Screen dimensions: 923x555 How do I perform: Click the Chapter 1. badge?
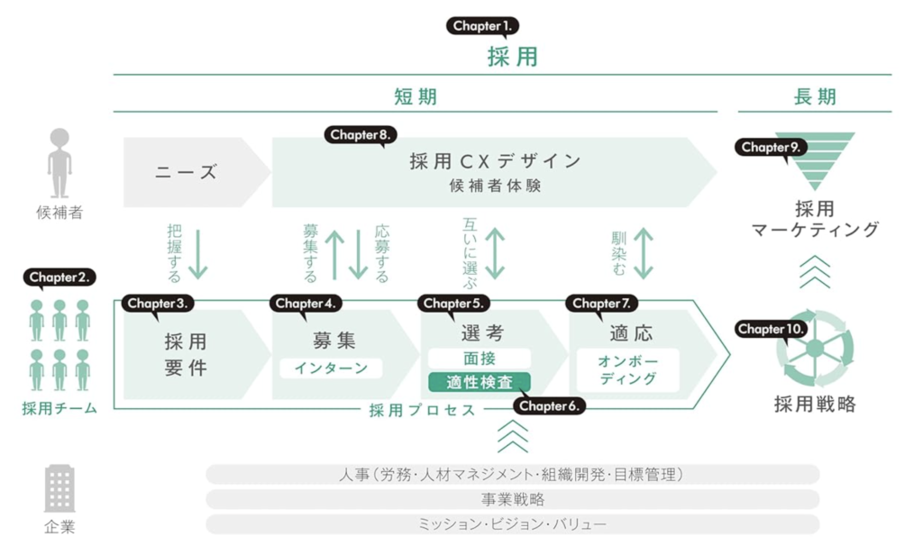(482, 26)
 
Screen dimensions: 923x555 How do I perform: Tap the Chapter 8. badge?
(361, 135)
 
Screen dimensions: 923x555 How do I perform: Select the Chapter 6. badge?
(549, 405)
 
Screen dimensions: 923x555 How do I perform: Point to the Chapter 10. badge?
(771, 329)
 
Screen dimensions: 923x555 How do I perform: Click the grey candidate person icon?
(59, 163)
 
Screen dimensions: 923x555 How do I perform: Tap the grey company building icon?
(59, 488)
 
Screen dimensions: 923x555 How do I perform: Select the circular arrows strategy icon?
(815, 349)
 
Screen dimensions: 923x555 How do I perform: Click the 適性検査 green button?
(480, 383)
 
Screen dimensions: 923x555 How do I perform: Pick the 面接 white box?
(480, 359)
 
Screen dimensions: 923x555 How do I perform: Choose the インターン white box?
(331, 368)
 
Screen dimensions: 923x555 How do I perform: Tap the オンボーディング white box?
(627, 370)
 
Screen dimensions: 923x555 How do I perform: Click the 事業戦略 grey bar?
(513, 499)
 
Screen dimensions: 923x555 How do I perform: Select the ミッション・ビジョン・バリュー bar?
(513, 524)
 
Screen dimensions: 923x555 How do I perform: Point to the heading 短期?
(416, 96)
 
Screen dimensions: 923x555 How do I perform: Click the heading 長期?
(815, 96)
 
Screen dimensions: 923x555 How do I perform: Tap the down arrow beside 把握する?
(198, 254)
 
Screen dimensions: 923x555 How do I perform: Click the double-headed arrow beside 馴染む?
(644, 254)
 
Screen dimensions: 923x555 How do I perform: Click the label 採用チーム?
(59, 408)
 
